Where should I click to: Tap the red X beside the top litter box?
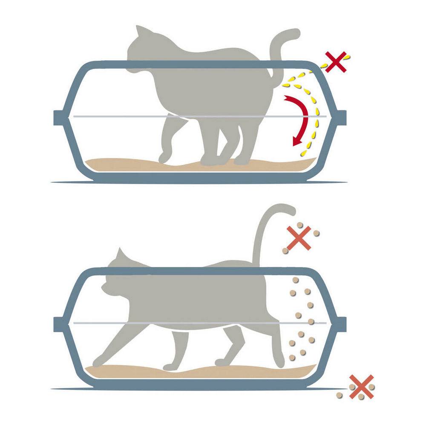click(336, 62)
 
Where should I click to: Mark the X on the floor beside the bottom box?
click(361, 386)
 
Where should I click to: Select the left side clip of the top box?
click(59, 118)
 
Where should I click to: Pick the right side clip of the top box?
click(341, 118)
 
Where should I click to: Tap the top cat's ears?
click(141, 32)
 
